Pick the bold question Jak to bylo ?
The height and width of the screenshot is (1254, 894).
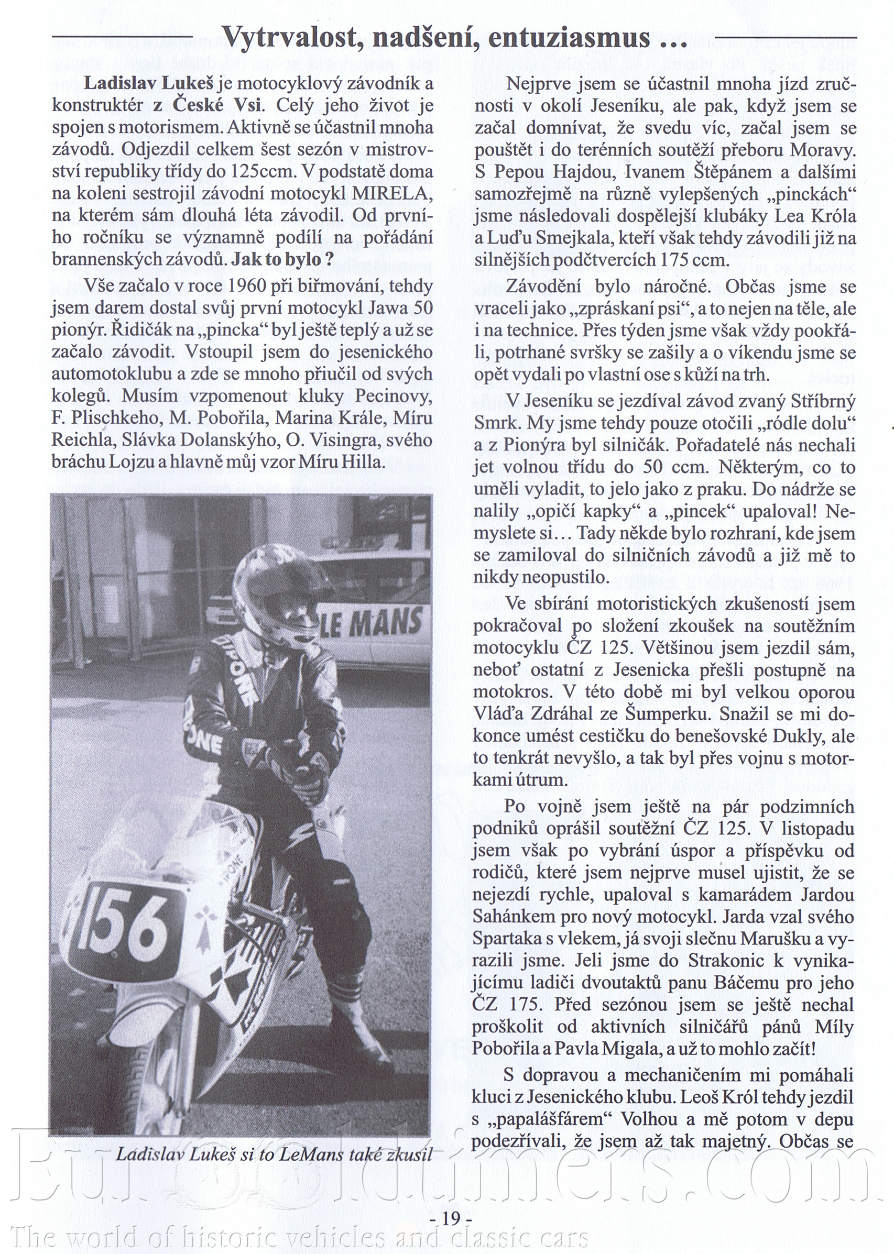pos(282,259)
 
